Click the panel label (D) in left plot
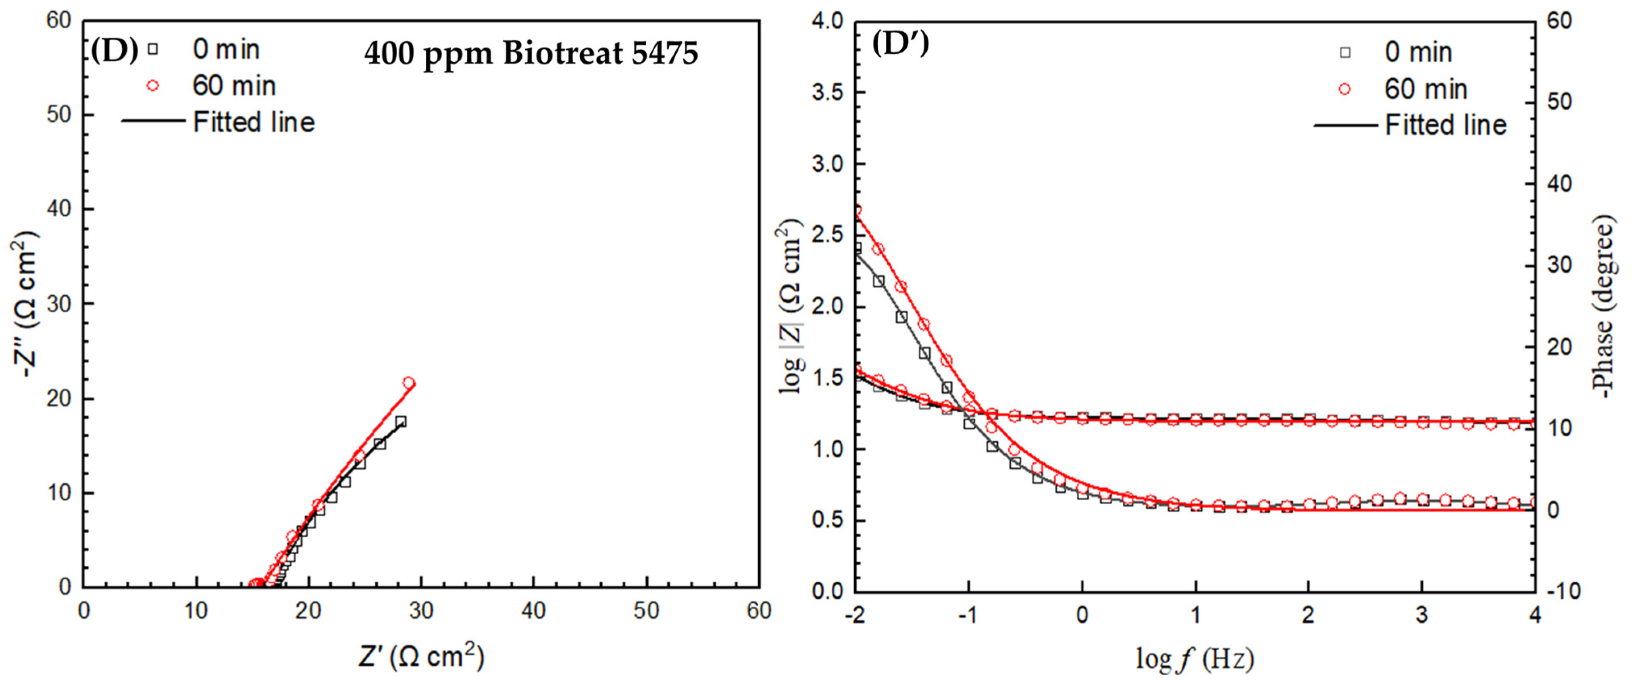click(x=114, y=51)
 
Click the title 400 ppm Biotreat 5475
click(x=531, y=53)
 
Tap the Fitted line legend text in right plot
click(x=1445, y=125)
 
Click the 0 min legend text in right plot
click(x=1418, y=52)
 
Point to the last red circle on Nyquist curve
click(x=408, y=382)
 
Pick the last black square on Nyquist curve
click(x=400, y=421)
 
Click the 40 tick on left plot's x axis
click(x=533, y=611)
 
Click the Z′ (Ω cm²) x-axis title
click(x=421, y=656)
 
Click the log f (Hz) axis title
click(x=1195, y=659)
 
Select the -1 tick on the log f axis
click(x=968, y=614)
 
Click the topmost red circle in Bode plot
click(x=856, y=210)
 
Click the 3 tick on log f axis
click(x=1422, y=614)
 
